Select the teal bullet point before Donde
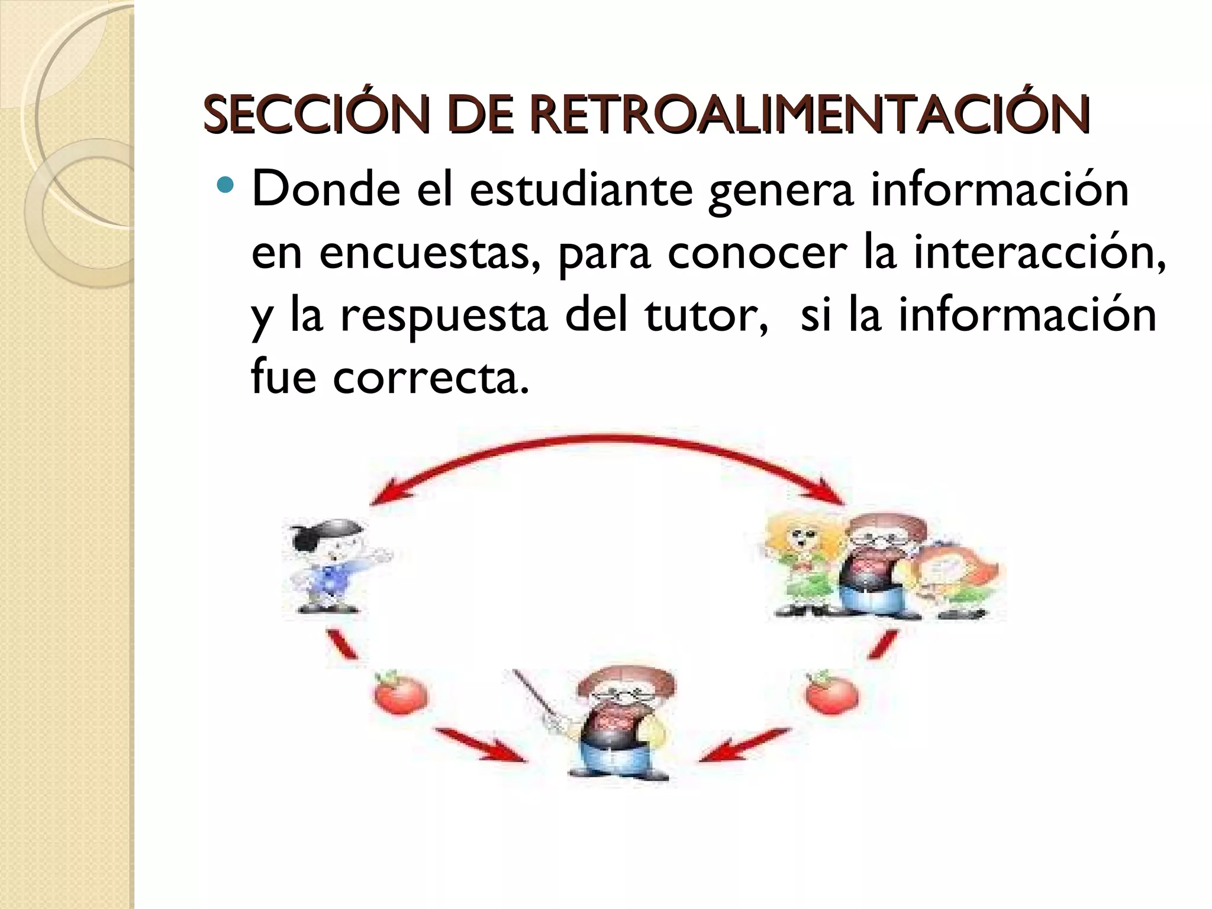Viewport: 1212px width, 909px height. (x=226, y=186)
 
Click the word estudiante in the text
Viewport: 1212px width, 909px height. (x=581, y=191)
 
